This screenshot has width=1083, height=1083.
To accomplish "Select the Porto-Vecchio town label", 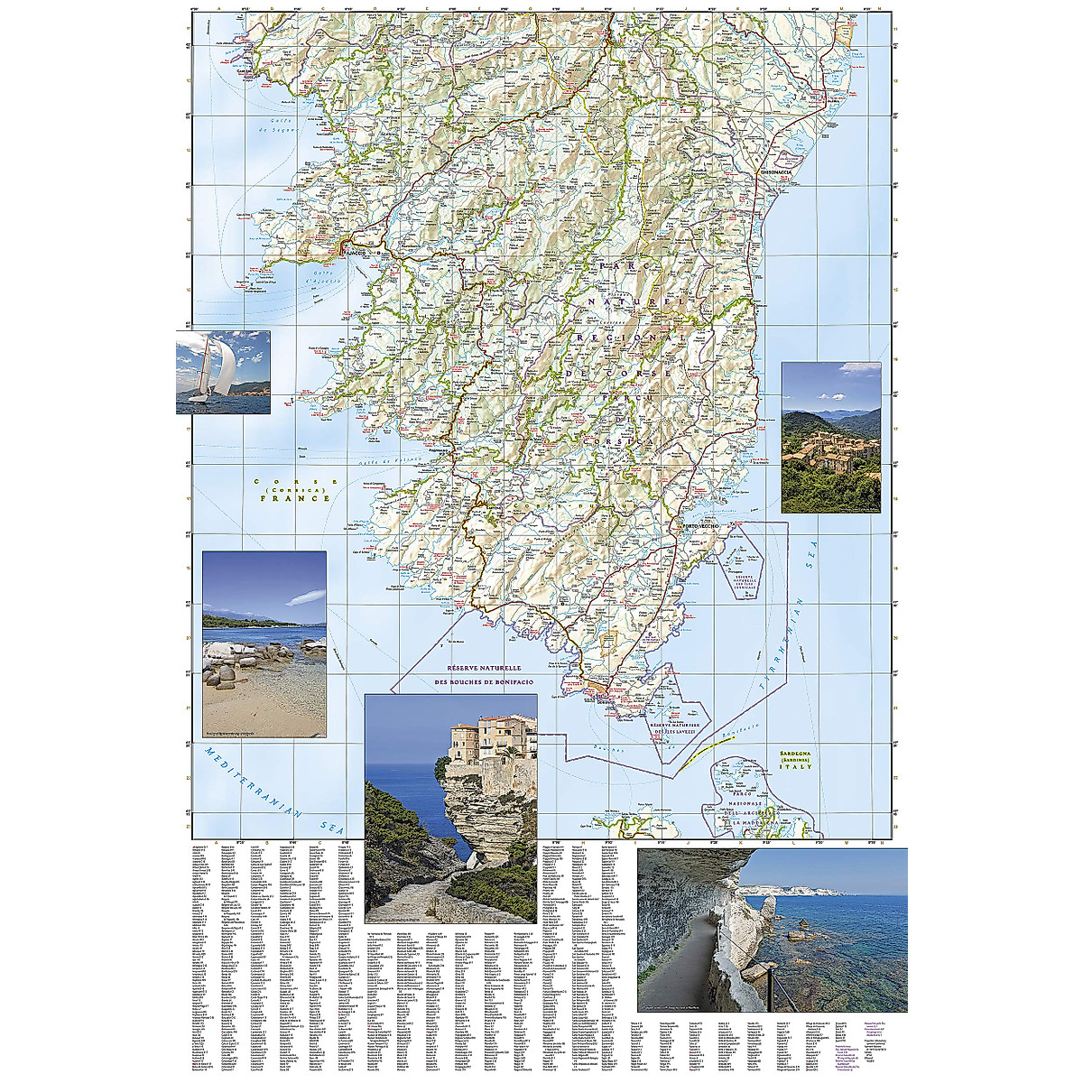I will pyautogui.click(x=699, y=526).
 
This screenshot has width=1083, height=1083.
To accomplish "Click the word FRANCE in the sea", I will pyautogui.click(x=295, y=497).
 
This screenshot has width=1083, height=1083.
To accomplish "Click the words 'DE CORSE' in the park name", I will pyautogui.click(x=618, y=372).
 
